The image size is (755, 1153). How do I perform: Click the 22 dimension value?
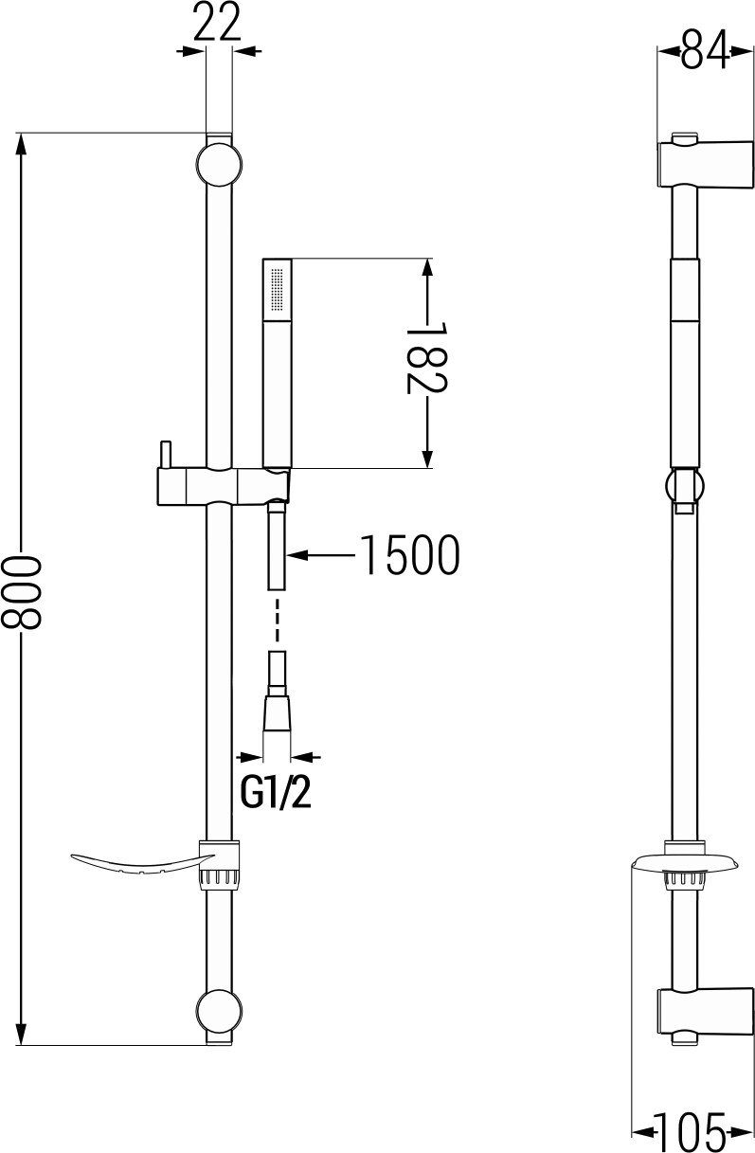coord(217,22)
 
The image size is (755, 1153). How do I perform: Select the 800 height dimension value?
coord(21,592)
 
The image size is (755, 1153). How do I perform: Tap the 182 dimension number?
coord(426,358)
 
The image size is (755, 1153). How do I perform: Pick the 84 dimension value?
coord(706,49)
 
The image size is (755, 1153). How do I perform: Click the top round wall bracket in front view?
coord(219,165)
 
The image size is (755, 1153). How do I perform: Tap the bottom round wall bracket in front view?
coord(219,1011)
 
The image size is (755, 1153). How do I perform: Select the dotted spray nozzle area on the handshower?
coord(278,289)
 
